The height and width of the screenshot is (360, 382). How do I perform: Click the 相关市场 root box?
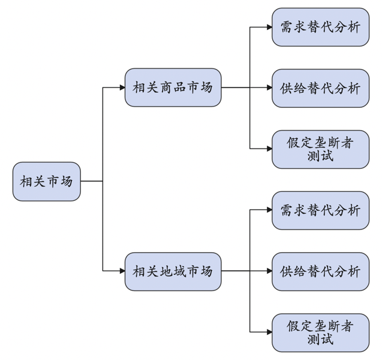[x=46, y=181]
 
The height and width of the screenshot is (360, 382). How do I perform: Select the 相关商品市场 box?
[x=173, y=87]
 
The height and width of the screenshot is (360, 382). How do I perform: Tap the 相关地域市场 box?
[x=173, y=271]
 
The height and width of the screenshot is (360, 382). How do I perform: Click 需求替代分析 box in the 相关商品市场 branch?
[x=320, y=27]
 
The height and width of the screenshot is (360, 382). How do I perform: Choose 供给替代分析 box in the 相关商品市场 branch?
[x=320, y=88]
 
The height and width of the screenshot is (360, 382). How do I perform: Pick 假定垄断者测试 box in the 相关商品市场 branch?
[x=320, y=149]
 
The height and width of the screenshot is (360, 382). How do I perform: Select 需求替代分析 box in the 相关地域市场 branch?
[x=320, y=210]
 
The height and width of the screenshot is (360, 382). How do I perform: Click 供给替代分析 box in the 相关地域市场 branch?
[x=320, y=271]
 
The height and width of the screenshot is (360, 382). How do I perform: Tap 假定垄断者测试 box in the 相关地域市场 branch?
[x=320, y=332]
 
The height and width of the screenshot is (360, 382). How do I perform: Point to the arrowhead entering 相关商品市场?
[x=122, y=87]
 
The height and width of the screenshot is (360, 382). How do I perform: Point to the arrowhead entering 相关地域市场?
[x=122, y=271]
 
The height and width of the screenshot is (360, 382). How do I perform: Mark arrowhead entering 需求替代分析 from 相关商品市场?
[x=269, y=27]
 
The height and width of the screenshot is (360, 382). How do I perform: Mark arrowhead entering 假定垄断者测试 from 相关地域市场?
[x=269, y=332]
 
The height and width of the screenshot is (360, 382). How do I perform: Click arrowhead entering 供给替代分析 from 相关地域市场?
[x=269, y=271]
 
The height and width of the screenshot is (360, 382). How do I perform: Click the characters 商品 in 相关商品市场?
[x=173, y=87]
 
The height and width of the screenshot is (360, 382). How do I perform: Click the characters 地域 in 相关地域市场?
[x=173, y=271]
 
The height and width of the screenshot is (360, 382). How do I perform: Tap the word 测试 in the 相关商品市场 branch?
[x=320, y=156]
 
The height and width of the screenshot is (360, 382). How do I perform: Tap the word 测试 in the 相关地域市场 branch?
[x=320, y=340]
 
